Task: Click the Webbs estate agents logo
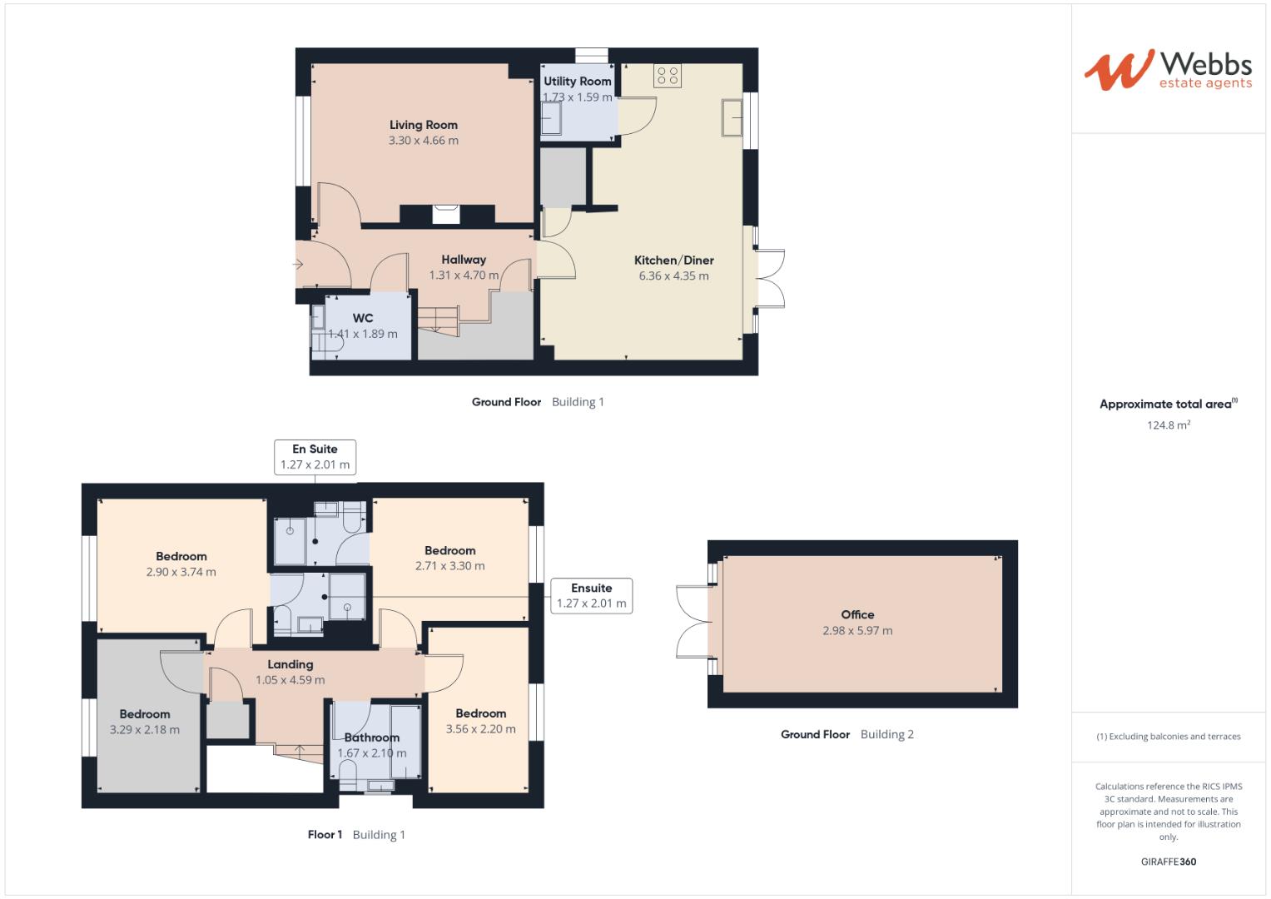(x=1169, y=70)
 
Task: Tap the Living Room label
(x=424, y=125)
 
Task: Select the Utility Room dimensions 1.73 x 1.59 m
(x=577, y=97)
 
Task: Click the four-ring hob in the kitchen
(x=668, y=76)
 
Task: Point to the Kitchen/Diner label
(x=673, y=261)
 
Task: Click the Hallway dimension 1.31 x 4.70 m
(x=464, y=276)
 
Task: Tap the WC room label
(x=363, y=318)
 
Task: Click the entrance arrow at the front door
(x=298, y=264)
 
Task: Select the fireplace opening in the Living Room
(x=446, y=215)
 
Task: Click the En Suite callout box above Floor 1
(x=315, y=457)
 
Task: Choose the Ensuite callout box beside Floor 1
(x=591, y=595)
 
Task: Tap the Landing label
(x=290, y=664)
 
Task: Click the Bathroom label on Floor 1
(x=372, y=738)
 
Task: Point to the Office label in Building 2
(x=857, y=614)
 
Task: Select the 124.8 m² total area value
(x=1169, y=425)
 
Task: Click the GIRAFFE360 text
(x=1169, y=862)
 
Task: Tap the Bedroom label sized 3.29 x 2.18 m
(x=145, y=714)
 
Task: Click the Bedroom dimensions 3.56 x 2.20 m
(x=480, y=729)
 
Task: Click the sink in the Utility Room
(x=551, y=118)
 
